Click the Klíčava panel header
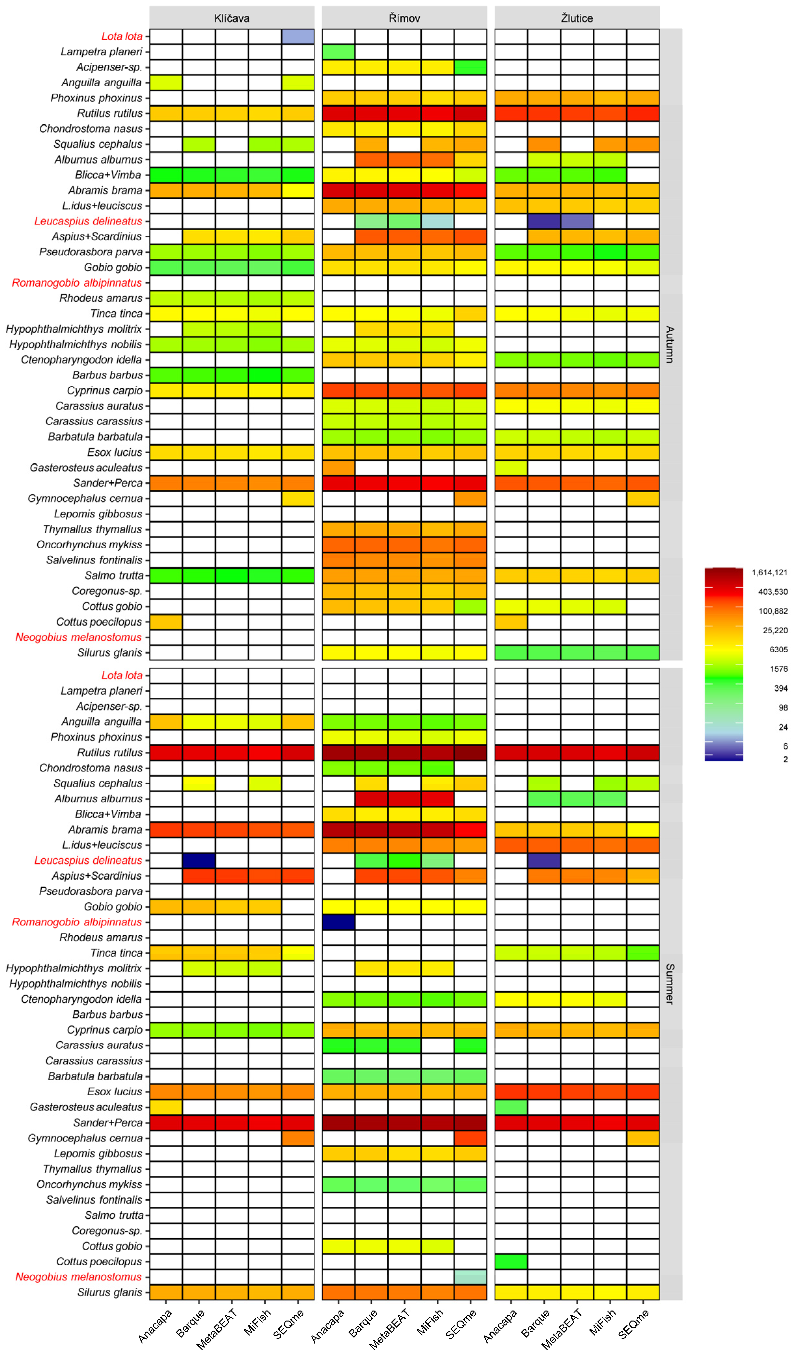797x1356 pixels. [x=232, y=18]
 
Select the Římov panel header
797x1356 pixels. [x=404, y=18]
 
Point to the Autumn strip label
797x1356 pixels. [x=670, y=344]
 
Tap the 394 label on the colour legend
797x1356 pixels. [x=780, y=688]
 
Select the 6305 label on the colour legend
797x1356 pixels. [x=778, y=649]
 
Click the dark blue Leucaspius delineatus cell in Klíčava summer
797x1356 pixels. [x=199, y=860]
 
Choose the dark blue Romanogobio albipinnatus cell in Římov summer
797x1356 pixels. [x=339, y=922]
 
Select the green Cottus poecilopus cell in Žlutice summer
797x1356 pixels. [x=511, y=1262]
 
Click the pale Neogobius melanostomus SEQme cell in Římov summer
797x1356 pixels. [x=470, y=1277]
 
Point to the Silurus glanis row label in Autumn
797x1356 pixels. [x=110, y=653]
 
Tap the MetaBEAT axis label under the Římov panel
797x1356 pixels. [x=390, y=1329]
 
